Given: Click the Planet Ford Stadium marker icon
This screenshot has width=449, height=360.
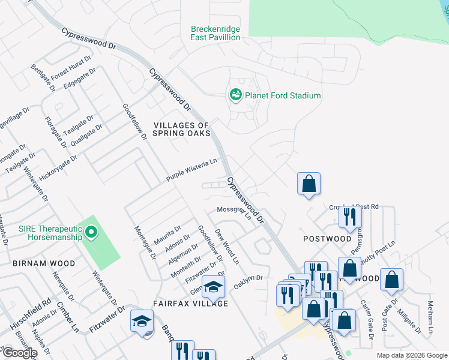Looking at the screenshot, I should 235,95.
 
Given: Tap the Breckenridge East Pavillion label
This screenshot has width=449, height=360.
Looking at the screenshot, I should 215,33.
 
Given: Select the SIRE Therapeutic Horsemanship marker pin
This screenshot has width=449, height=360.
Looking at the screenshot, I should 91,232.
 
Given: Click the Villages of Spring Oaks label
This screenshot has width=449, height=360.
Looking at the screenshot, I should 182,129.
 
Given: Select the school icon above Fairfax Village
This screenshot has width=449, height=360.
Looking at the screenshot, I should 213,288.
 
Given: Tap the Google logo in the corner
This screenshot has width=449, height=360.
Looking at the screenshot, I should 19,353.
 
